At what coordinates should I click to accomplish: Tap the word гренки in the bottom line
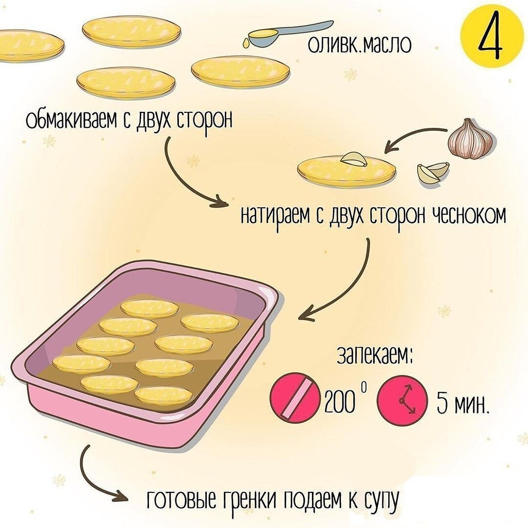246,499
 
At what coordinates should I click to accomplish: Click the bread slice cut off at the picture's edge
28,45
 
